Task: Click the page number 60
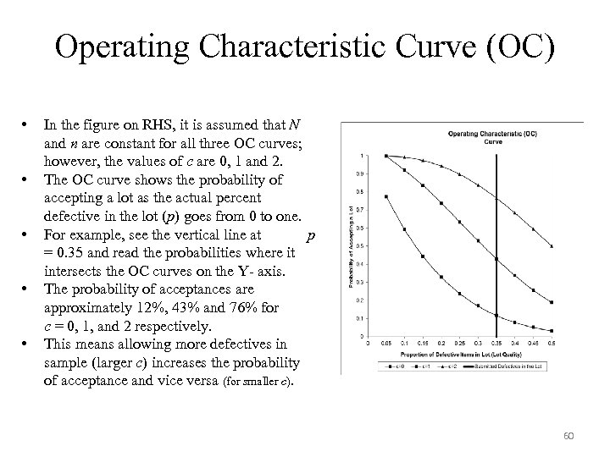pyautogui.click(x=569, y=436)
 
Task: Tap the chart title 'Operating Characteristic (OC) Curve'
pyautogui.click(x=492, y=136)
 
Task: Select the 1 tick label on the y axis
pyautogui.click(x=363, y=156)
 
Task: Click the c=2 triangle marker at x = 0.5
pyautogui.click(x=552, y=246)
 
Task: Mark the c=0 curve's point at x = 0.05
pyautogui.click(x=386, y=196)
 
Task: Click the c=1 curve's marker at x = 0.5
pyautogui.click(x=552, y=301)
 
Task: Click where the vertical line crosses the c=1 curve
pyautogui.click(x=497, y=259)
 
